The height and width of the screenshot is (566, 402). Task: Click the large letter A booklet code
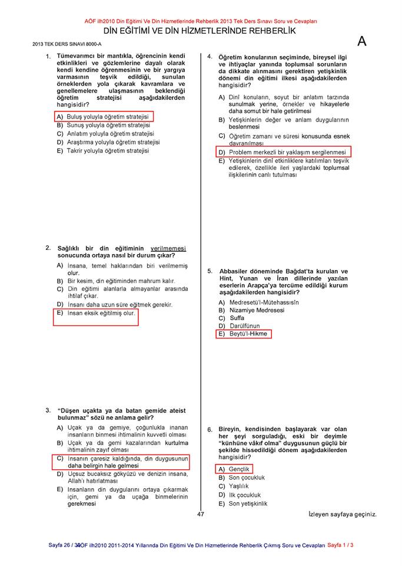pos(362,41)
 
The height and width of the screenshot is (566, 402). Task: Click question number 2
pos(48,248)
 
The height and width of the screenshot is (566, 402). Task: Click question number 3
pos(48,410)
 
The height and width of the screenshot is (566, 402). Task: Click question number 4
pos(210,57)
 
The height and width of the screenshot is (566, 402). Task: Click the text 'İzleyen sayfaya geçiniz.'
pos(342,515)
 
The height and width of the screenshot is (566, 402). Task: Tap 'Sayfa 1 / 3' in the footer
pos(340,545)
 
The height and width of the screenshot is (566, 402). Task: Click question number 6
pos(210,429)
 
